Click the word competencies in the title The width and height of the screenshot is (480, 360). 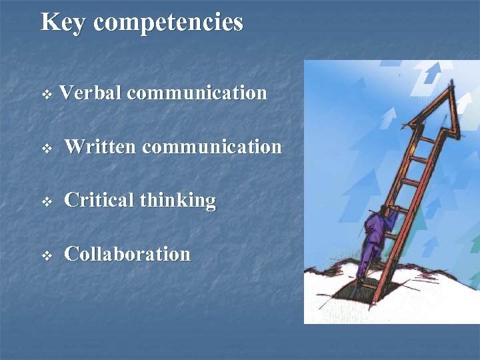click(x=168, y=23)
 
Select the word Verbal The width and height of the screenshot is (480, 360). click(x=90, y=93)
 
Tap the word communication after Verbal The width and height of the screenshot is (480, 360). click(x=197, y=93)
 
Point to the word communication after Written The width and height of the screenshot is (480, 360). click(x=212, y=147)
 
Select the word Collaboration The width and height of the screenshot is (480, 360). click(x=127, y=254)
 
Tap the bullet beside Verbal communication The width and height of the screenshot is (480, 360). click(x=46, y=95)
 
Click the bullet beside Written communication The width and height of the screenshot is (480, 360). click(x=46, y=148)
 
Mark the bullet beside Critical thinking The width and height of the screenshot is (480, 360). click(x=46, y=202)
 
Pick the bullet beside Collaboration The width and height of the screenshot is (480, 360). click(x=46, y=255)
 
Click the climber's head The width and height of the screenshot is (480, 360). click(x=389, y=212)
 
